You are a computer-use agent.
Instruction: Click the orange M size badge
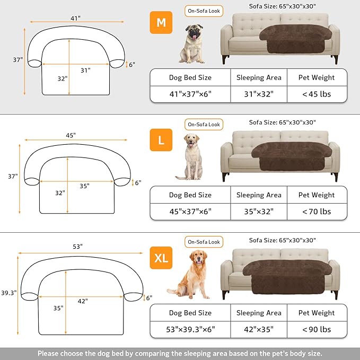(x=161, y=23)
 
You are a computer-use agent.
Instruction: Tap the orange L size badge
(x=161, y=141)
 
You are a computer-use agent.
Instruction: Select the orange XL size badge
(x=161, y=258)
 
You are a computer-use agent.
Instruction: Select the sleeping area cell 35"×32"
(x=258, y=212)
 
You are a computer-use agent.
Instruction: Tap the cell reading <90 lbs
(x=316, y=329)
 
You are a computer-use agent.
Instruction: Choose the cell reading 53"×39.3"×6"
(x=190, y=329)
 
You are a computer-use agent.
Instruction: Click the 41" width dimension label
(x=75, y=18)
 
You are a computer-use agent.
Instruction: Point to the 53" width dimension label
(x=78, y=247)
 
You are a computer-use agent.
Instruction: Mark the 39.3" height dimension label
(x=8, y=293)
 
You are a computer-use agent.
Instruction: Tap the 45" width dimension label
(x=71, y=135)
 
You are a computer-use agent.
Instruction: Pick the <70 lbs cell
(x=316, y=212)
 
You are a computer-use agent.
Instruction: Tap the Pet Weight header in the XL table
(x=316, y=313)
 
